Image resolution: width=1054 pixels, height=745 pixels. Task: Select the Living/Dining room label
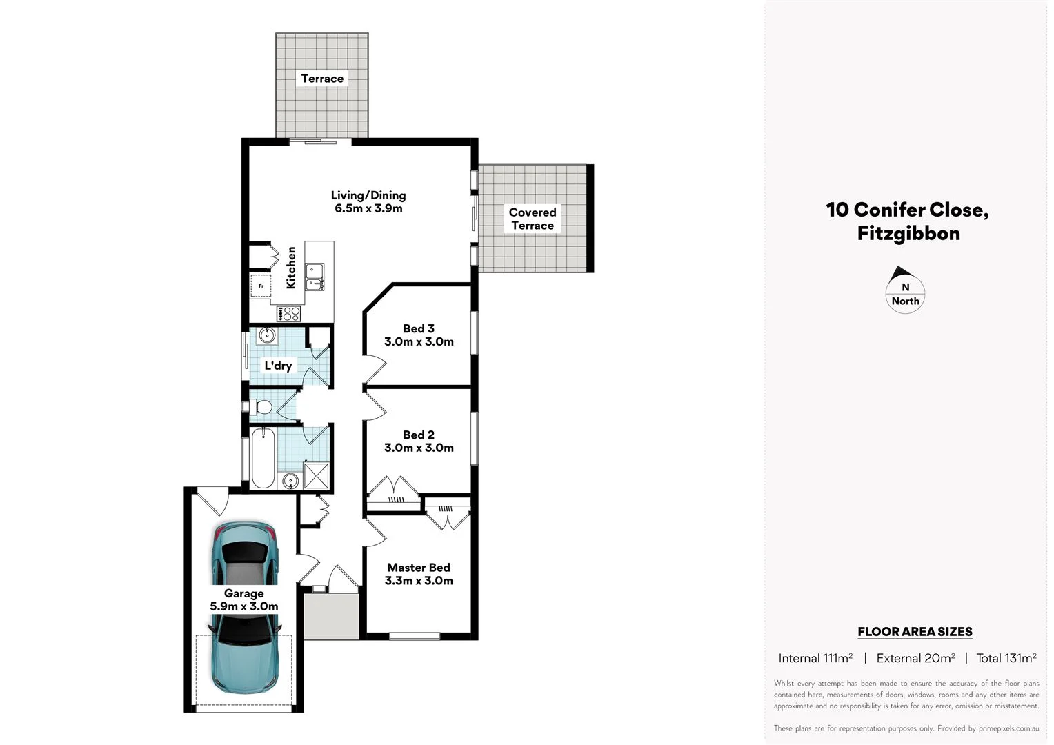(x=368, y=195)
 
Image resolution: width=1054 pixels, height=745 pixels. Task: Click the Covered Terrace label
(x=532, y=219)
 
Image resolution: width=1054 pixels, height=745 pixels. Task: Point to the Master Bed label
(x=418, y=568)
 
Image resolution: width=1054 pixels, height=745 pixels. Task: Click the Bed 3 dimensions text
(x=419, y=341)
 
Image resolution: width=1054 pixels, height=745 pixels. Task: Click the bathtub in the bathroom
(x=263, y=458)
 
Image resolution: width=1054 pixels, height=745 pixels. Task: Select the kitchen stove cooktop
(x=289, y=314)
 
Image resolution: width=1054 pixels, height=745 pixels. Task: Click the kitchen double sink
(x=315, y=276)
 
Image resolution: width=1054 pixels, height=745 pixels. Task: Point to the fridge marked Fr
(x=260, y=285)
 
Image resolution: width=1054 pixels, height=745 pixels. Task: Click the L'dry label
(x=278, y=366)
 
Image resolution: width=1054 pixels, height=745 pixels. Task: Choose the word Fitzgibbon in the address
(x=908, y=233)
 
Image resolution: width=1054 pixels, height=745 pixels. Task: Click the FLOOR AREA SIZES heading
(x=914, y=631)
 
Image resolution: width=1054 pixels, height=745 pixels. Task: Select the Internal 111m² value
(x=815, y=658)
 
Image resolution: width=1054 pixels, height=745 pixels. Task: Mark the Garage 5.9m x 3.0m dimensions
(x=244, y=607)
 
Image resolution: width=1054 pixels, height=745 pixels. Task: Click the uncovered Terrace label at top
(x=322, y=79)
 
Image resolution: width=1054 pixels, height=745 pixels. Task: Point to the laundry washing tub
(x=267, y=336)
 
